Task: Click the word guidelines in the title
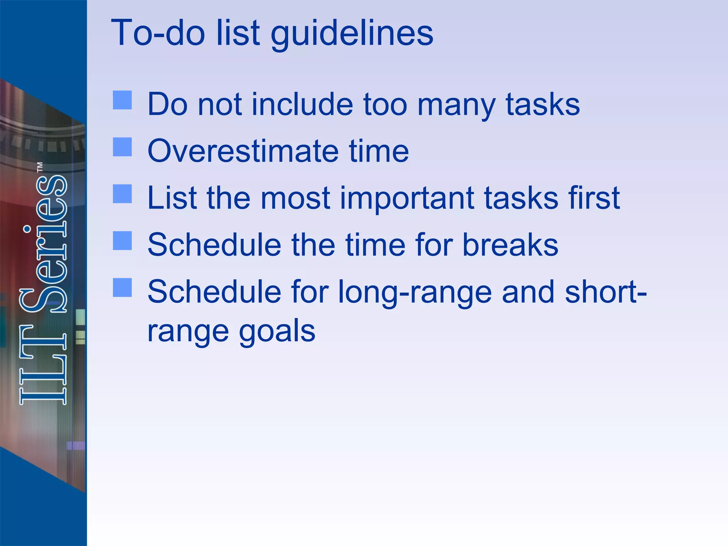tap(352, 34)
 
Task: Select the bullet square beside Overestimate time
tap(122, 147)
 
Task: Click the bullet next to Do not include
tap(122, 100)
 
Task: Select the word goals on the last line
tap(277, 331)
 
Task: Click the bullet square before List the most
tap(122, 194)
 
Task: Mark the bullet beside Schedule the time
tap(122, 241)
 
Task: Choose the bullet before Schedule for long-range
tap(122, 287)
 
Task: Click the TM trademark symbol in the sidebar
tap(40, 167)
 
